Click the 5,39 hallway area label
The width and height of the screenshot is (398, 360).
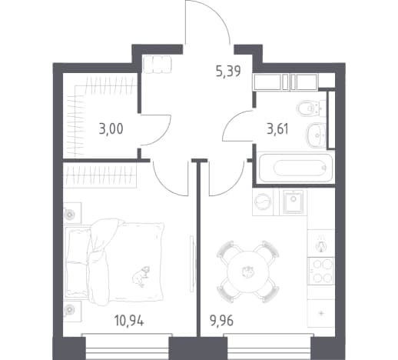[228, 71]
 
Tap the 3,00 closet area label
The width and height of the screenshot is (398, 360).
[111, 128]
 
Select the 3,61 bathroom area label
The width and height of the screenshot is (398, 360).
[278, 128]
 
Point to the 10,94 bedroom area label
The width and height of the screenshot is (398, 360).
[129, 321]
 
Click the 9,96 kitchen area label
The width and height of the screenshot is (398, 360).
[222, 321]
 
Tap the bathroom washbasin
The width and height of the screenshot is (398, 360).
[316, 135]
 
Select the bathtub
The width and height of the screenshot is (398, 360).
[296, 168]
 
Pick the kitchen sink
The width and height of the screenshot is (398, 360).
[294, 202]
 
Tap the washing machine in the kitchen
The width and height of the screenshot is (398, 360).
[263, 202]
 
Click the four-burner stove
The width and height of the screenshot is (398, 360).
[321, 272]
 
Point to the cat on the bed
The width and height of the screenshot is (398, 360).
[141, 276]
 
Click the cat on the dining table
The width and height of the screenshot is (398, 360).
[248, 272]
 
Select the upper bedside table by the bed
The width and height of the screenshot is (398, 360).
[72, 212]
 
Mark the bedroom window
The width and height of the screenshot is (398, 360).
[127, 346]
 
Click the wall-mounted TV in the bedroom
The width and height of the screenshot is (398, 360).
[192, 263]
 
